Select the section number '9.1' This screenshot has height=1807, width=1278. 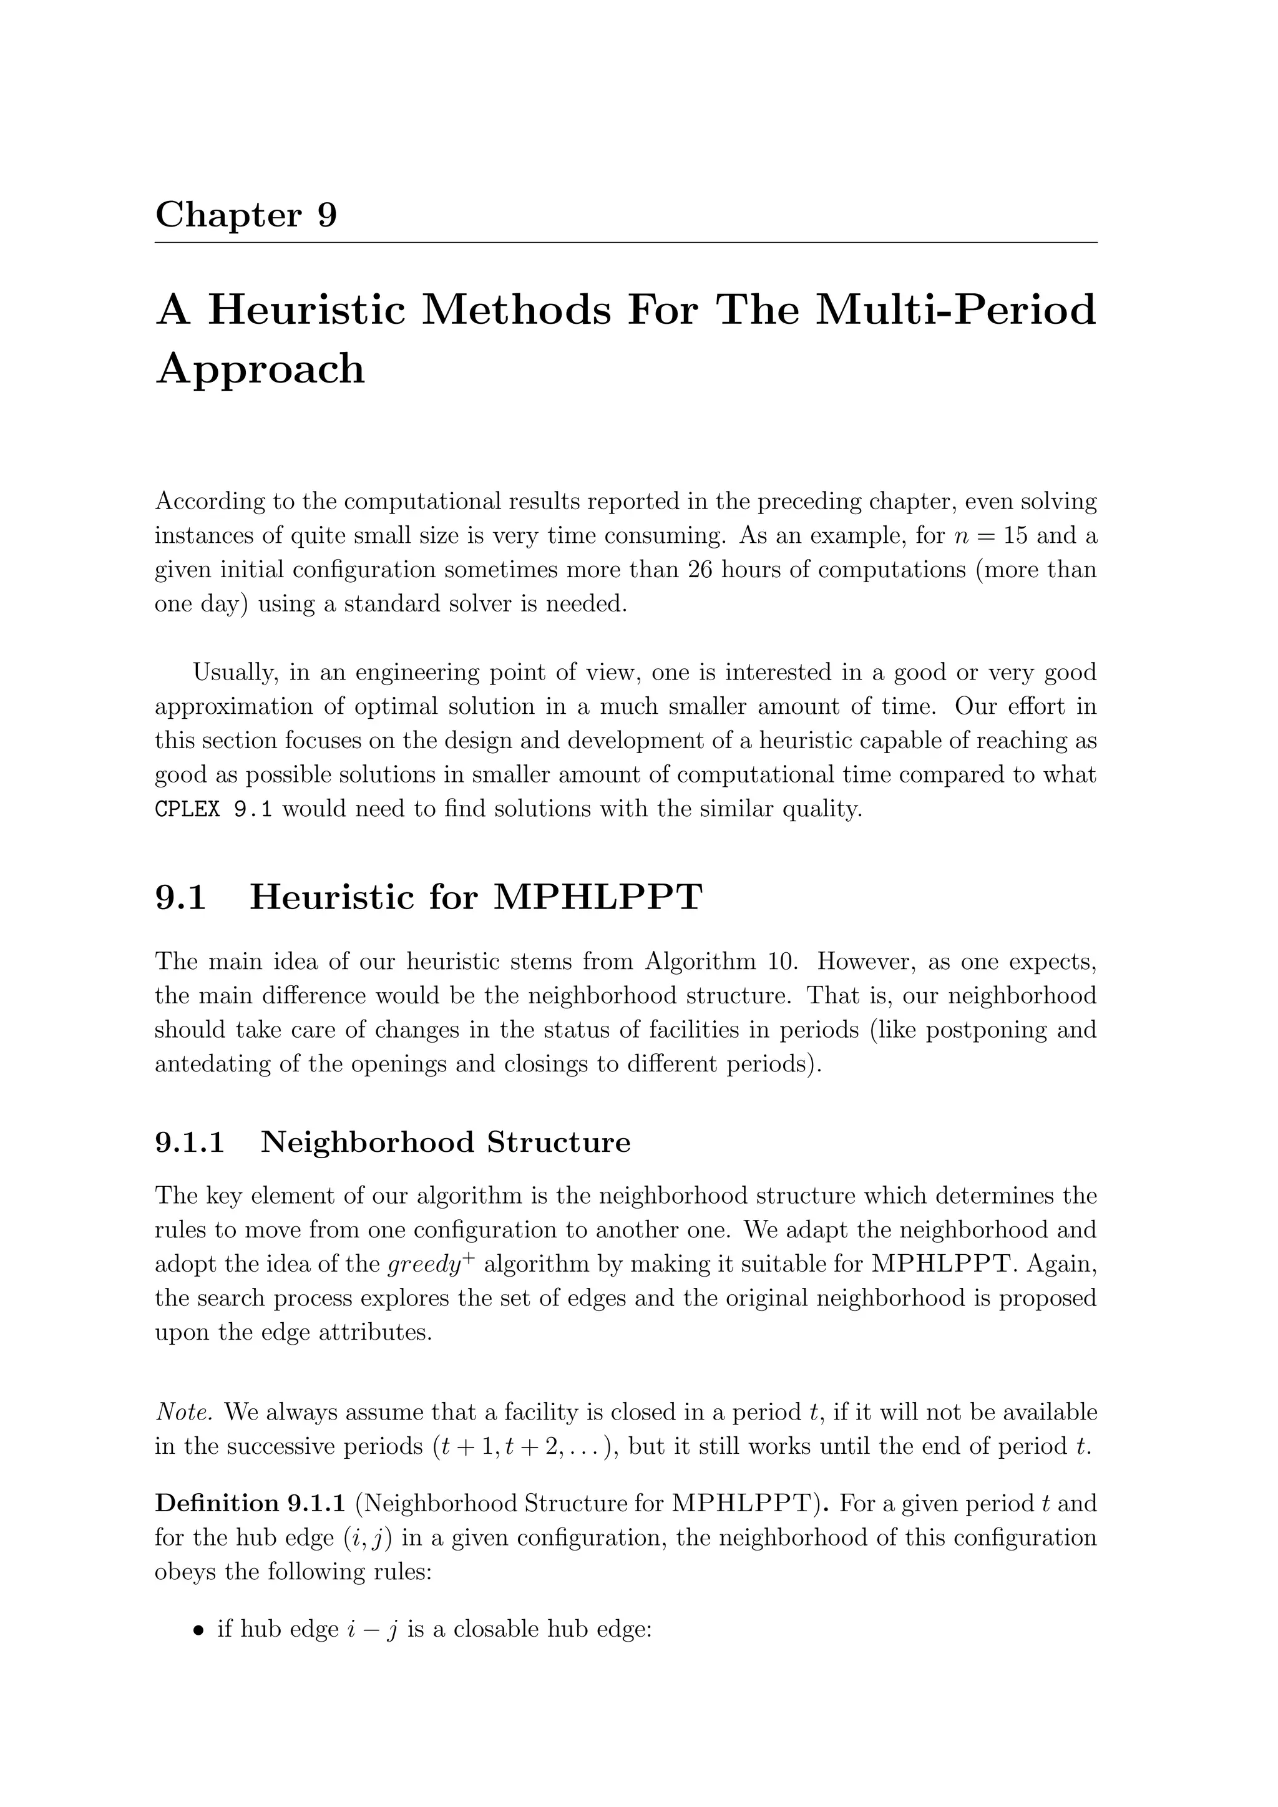click(180, 897)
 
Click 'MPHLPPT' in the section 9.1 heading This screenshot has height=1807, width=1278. click(597, 897)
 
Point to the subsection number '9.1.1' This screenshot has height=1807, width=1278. click(190, 1142)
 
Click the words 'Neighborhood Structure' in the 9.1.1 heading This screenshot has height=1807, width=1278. click(446, 1142)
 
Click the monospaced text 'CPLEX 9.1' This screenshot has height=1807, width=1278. click(213, 809)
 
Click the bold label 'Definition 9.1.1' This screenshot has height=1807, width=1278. click(250, 1503)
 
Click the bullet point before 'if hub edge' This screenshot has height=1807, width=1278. click(198, 1630)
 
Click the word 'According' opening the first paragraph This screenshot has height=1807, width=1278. click(208, 501)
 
